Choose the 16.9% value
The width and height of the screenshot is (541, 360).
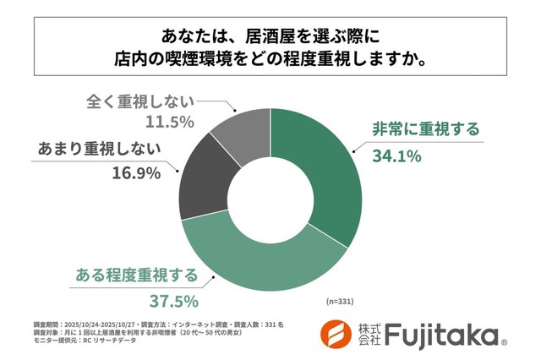tap(135, 175)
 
